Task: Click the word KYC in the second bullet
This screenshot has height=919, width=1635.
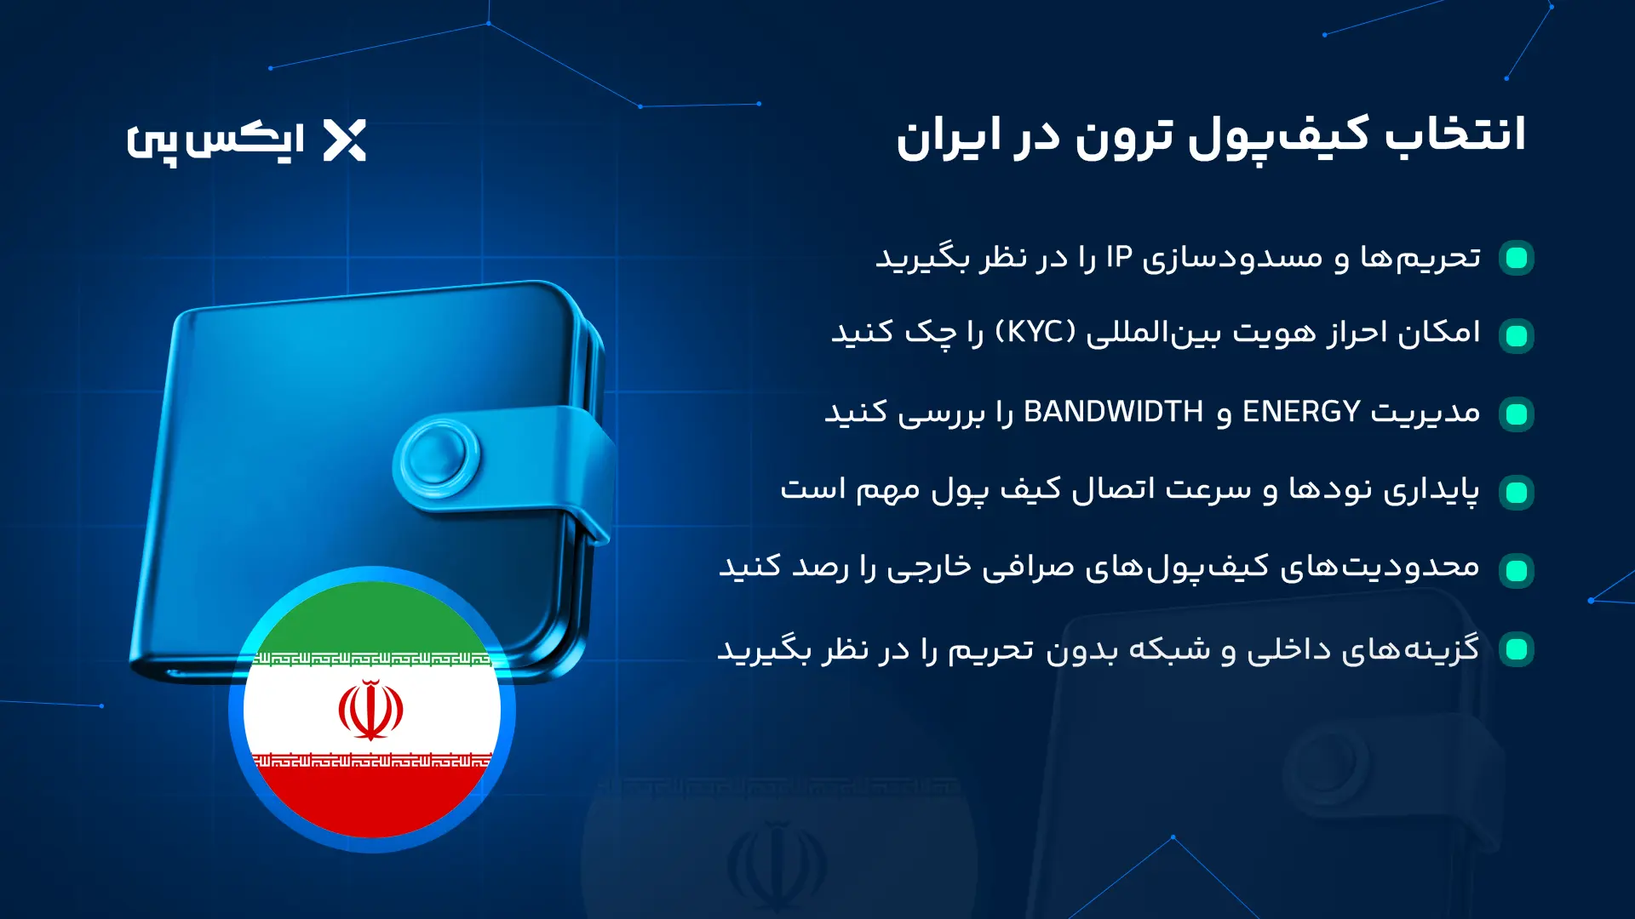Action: [1035, 332]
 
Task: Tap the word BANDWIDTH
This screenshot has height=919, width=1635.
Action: [1113, 412]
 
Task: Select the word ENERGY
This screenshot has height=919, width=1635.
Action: [1301, 412]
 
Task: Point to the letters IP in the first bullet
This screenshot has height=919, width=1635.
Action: [1119, 257]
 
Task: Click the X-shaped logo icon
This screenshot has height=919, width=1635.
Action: [345, 140]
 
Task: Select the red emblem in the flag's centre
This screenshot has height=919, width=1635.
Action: [371, 709]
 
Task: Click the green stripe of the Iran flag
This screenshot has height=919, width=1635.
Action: [371, 617]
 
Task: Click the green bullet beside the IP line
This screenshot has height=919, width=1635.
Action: [1517, 258]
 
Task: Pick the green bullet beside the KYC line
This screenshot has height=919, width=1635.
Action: [1517, 335]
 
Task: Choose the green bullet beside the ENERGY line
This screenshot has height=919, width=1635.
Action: [1517, 414]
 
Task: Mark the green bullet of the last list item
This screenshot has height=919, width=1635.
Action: [1517, 649]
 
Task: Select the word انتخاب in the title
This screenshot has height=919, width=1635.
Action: [1455, 136]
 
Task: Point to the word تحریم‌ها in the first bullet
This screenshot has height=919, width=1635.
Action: [1420, 257]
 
